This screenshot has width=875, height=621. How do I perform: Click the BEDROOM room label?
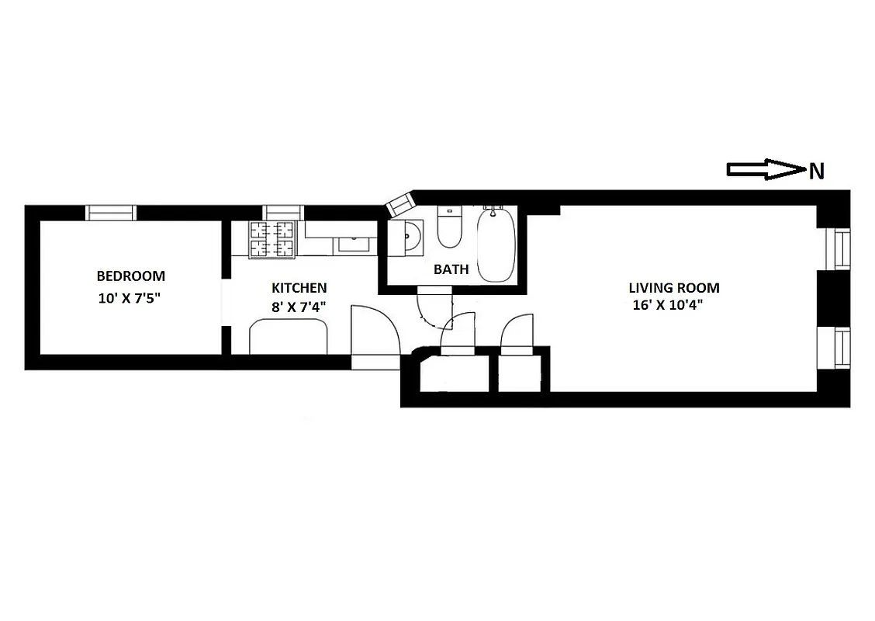pos(130,276)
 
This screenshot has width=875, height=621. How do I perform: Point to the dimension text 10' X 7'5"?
pos(130,298)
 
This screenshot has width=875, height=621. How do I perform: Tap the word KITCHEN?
pos(299,287)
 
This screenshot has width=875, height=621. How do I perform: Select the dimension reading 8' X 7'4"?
pos(297,307)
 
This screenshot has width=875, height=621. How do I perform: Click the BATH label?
pos(451,270)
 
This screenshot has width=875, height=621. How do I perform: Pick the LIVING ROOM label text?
pos(673,288)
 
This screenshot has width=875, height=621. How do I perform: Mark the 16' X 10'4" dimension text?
pos(673,306)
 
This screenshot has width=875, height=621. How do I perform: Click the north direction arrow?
pos(765,170)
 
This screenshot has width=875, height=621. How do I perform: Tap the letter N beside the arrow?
pos(816,172)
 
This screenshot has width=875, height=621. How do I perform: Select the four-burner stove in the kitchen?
pos(273,238)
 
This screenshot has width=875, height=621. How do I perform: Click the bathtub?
pos(494,245)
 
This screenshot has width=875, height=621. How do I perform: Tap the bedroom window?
pos(110,213)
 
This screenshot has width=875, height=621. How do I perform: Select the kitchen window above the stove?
pos(284,212)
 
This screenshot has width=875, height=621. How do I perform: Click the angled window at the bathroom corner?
pos(401,205)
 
